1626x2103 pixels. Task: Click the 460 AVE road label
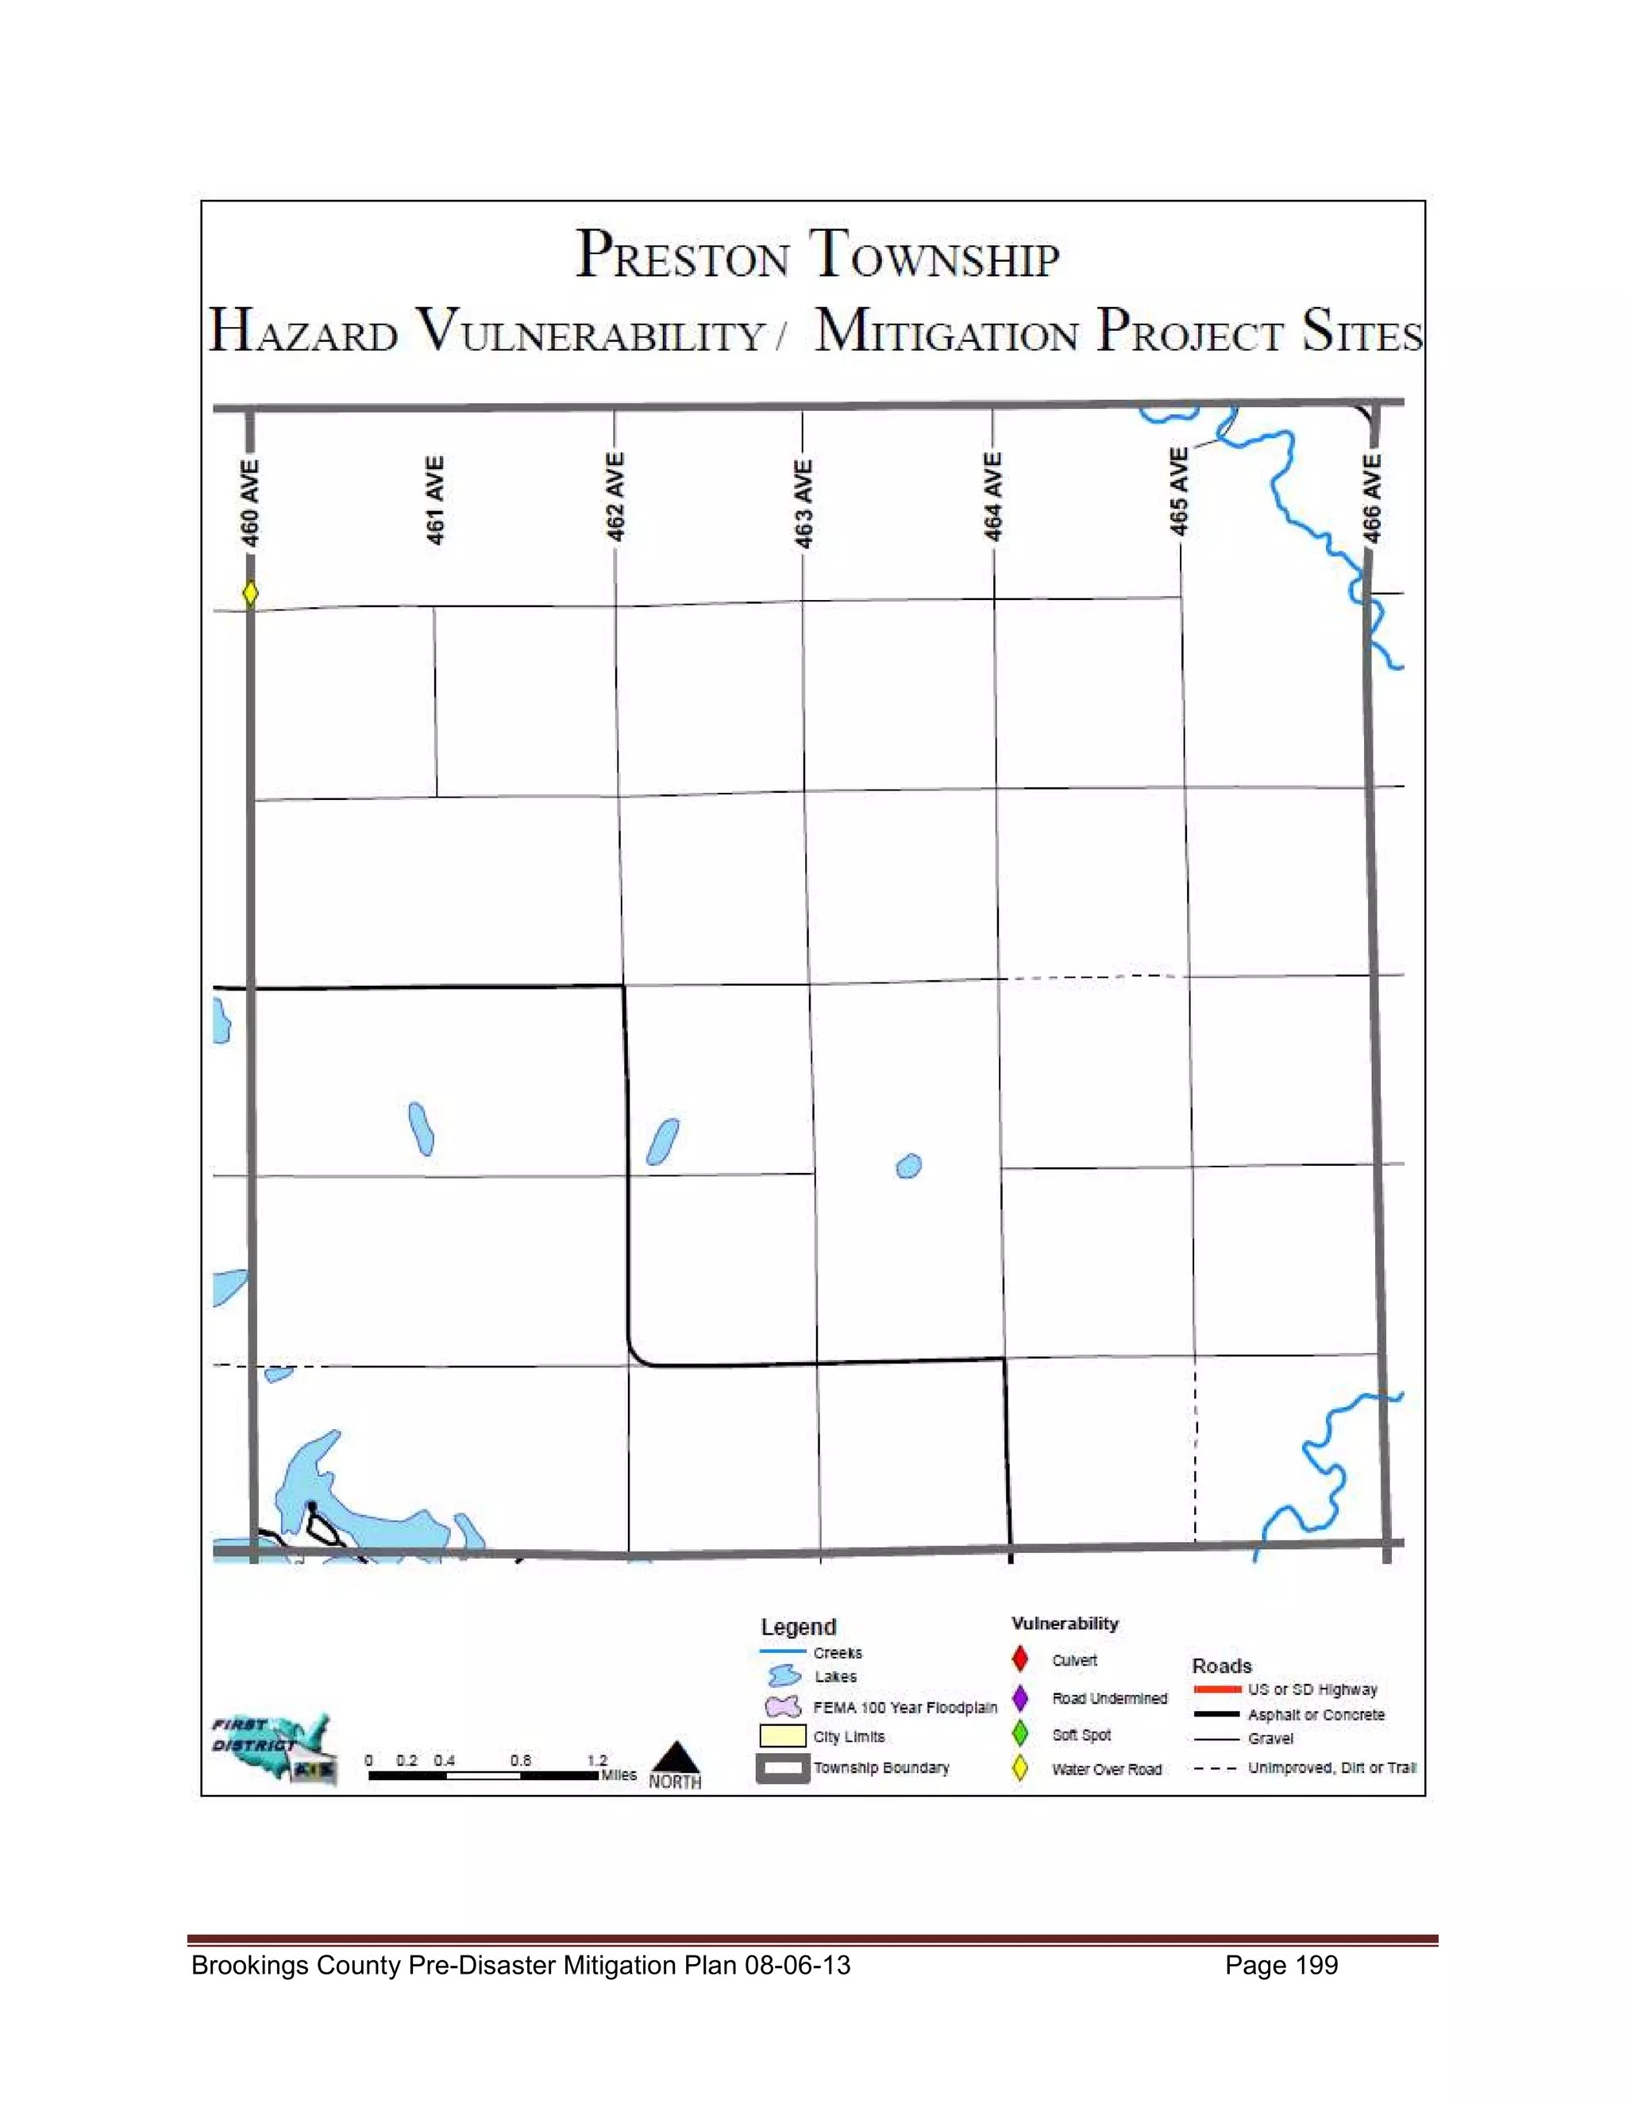249,502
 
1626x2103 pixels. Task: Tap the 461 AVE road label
435,500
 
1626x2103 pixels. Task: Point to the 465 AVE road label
1178,491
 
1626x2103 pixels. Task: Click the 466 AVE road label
1372,498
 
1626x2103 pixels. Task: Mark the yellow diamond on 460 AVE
250,592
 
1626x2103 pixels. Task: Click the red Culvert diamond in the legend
1020,1659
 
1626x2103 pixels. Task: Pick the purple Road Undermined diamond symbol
1020,1697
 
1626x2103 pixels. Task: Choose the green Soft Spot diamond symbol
1020,1734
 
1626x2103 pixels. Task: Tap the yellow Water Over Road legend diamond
1020,1769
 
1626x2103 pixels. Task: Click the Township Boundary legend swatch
782,1769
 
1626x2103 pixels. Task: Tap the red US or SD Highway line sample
1216,1690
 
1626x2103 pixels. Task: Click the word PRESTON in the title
682,256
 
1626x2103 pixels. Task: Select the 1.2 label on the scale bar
597,1760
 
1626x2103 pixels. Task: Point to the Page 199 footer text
1281,1965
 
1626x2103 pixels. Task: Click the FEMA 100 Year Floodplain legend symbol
783,1707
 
